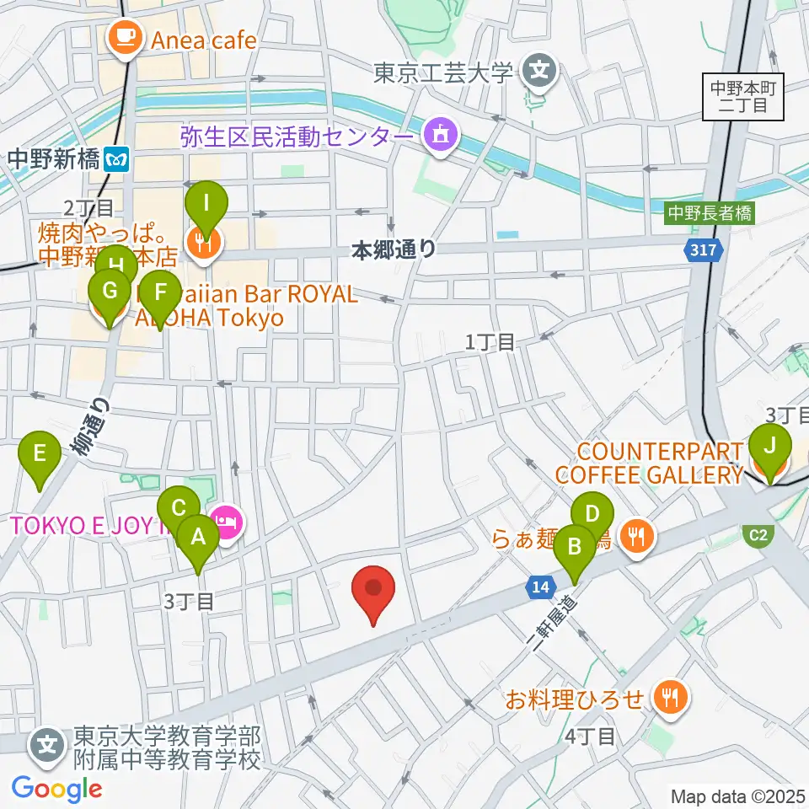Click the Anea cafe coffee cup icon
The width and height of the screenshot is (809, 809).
pos(125,37)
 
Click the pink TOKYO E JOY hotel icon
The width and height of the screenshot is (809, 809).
pos(228,523)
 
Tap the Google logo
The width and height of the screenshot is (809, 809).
pos(56,789)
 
